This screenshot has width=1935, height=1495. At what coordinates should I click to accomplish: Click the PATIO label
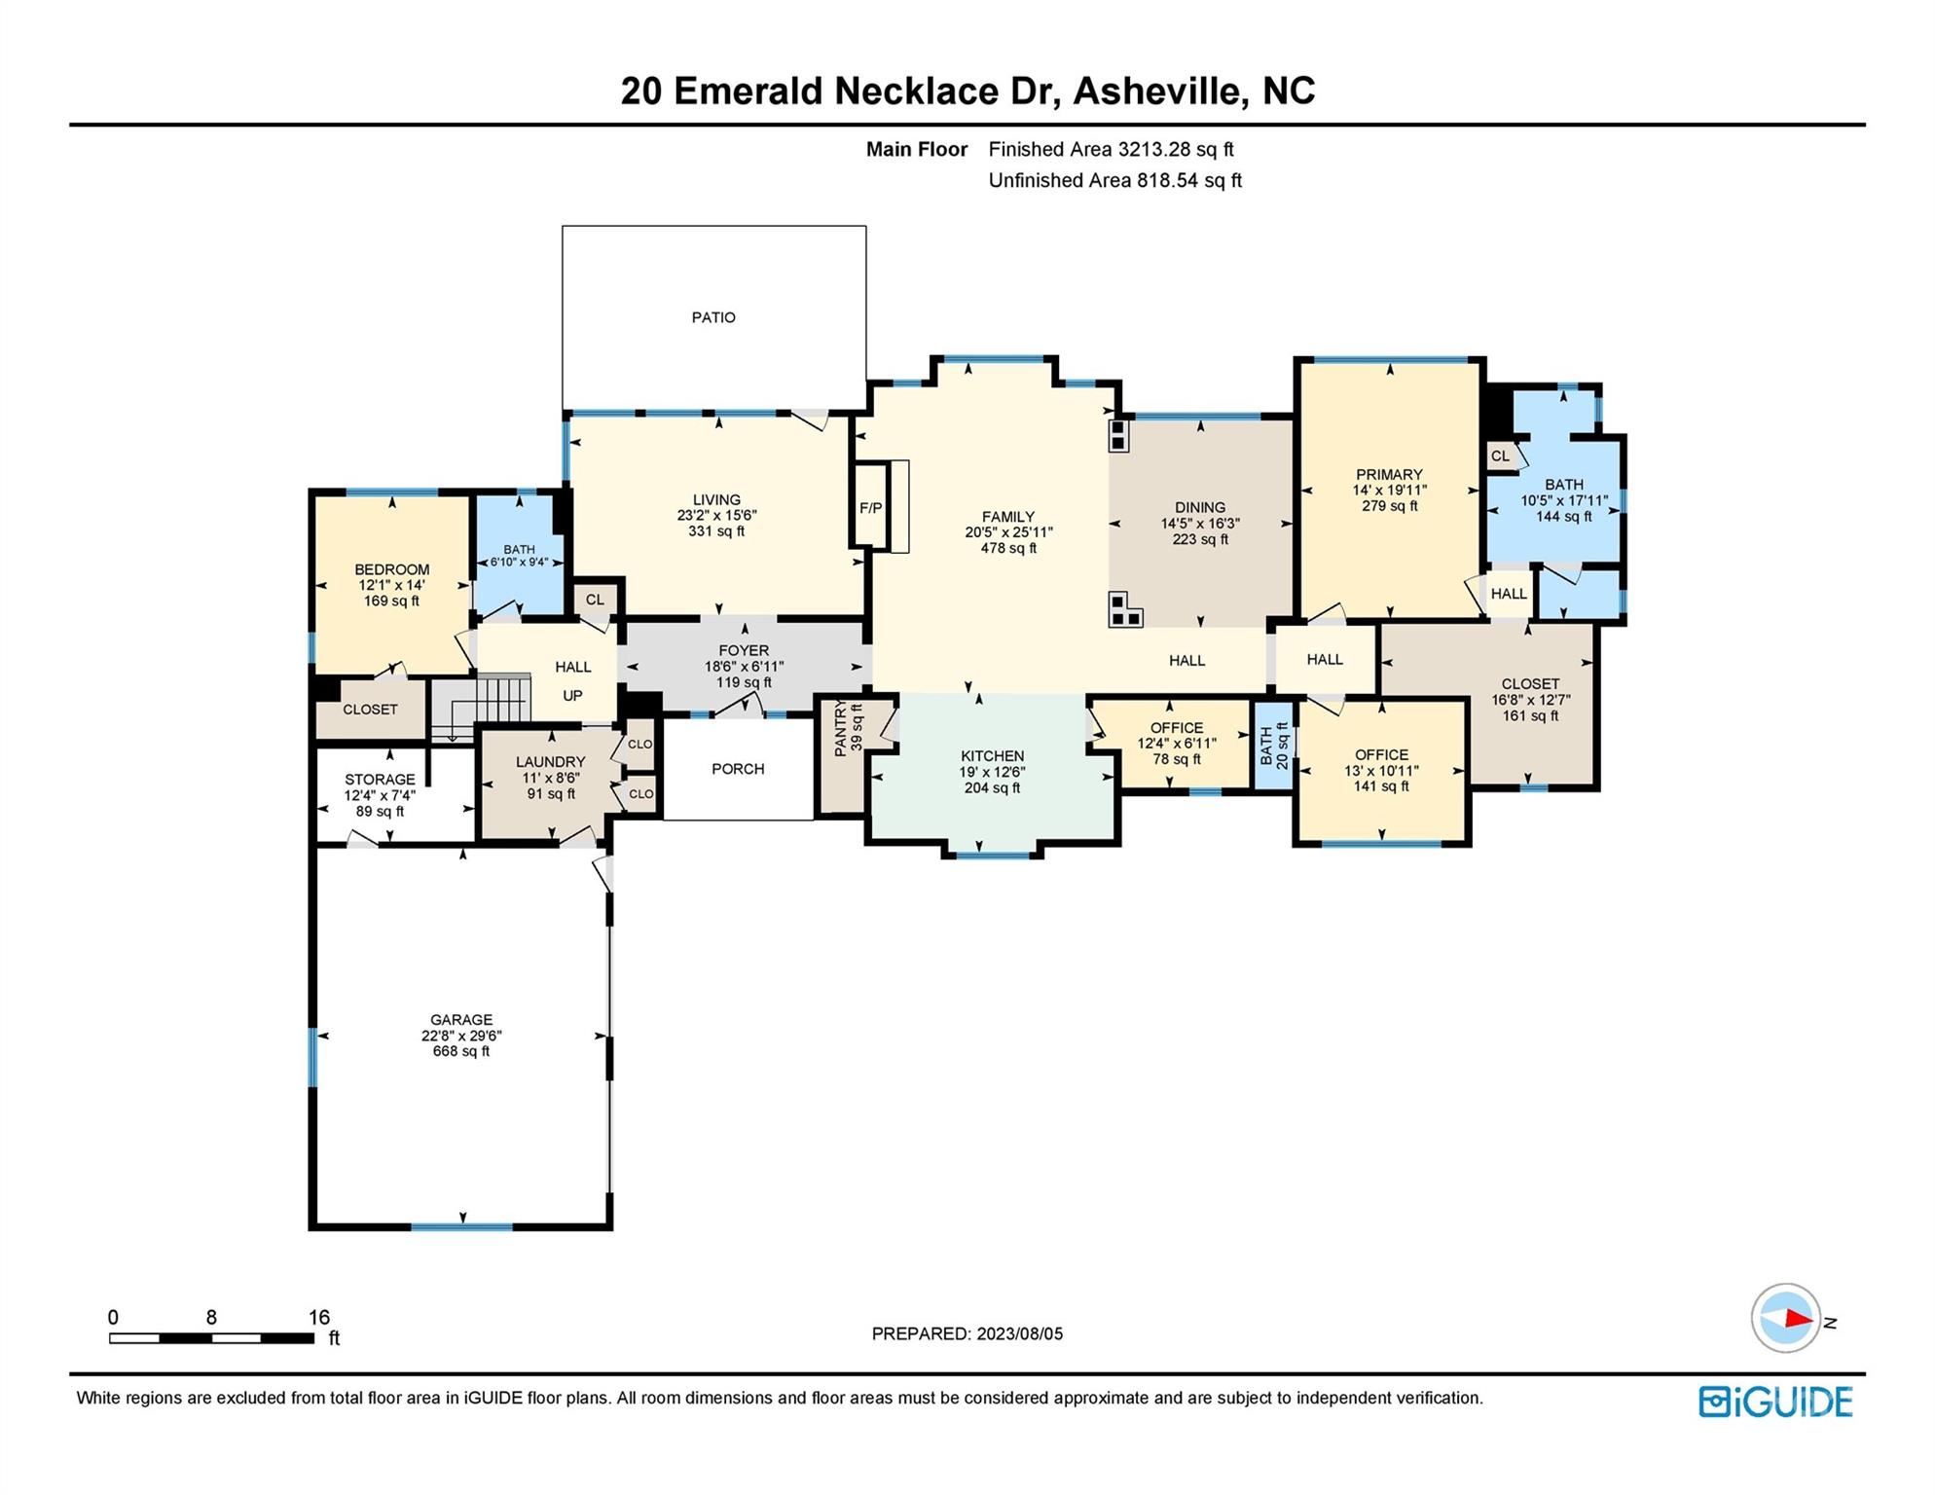(x=713, y=317)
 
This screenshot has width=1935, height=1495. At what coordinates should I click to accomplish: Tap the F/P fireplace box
(x=870, y=507)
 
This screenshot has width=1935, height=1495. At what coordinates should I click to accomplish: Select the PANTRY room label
(x=840, y=727)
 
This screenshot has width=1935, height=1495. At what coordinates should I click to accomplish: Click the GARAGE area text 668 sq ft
(x=461, y=1051)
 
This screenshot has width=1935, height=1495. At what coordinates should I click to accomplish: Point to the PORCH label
(x=738, y=769)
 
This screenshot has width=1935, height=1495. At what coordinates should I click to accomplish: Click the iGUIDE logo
(x=1775, y=1402)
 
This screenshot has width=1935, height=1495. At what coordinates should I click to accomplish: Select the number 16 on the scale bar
(x=319, y=1317)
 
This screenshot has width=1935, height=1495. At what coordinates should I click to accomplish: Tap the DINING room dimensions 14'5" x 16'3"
(x=1200, y=524)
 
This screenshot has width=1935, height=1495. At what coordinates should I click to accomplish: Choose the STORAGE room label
(x=380, y=780)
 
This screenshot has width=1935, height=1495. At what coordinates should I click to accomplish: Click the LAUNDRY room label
(x=551, y=762)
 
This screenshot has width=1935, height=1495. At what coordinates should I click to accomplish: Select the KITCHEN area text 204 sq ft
(x=992, y=787)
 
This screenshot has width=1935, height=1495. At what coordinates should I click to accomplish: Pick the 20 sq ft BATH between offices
(x=1273, y=746)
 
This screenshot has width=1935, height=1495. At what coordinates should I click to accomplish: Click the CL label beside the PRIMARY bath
(x=1500, y=456)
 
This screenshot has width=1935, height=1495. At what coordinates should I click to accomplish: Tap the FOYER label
(x=744, y=650)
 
